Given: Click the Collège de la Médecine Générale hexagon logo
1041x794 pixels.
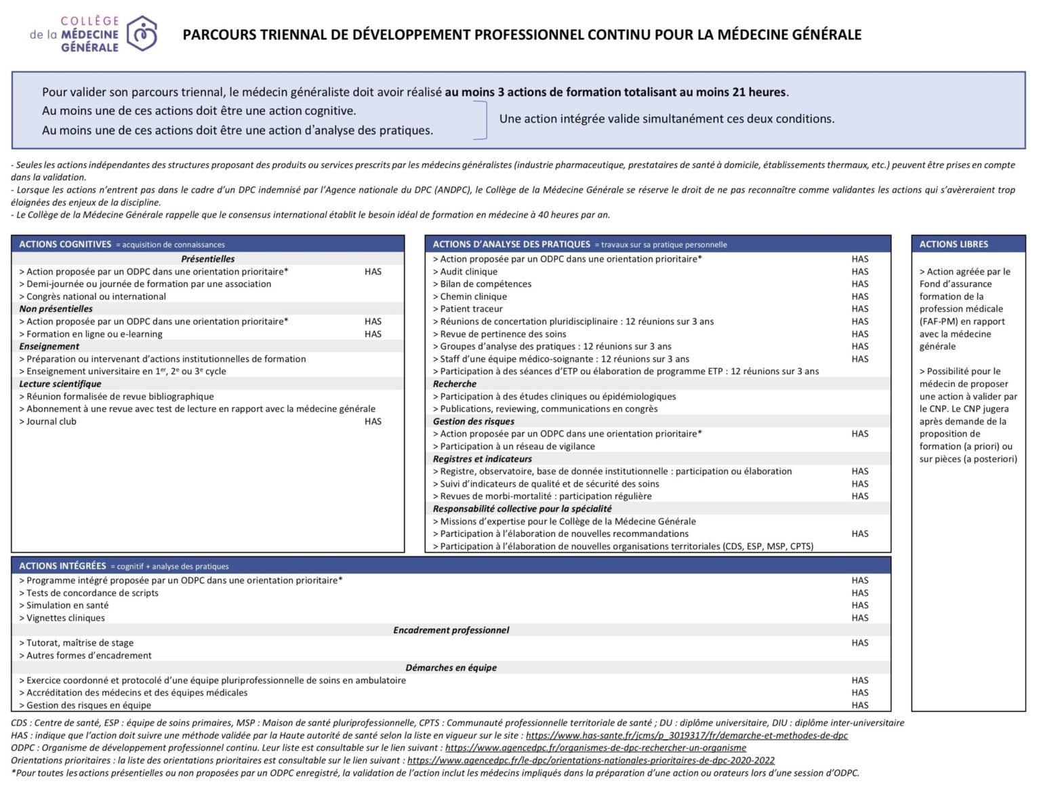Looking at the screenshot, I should point(142,34).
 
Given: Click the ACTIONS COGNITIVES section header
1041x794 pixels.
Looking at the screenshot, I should point(65,244).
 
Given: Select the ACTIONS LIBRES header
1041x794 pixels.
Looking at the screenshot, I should point(954,244).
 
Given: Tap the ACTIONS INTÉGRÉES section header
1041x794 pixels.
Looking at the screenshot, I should point(62,565).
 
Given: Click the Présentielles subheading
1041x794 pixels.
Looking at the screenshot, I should point(208,259).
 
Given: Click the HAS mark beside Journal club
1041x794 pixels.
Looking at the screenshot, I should point(373,421).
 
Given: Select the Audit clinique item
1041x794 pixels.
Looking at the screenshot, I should point(468,271).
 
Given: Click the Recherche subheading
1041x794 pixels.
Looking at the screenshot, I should point(455,384).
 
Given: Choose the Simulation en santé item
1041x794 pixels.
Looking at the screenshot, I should point(67,605).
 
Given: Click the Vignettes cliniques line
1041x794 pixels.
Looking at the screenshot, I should point(65,618).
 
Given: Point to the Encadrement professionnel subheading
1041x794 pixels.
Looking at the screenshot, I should point(451,630).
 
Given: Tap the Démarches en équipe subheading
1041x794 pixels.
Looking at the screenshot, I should point(451,667).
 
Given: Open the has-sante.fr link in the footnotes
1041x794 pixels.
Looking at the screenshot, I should point(687,735).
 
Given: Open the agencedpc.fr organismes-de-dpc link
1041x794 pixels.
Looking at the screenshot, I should point(596,747).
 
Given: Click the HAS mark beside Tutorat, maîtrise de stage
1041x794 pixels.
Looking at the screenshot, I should point(859,643).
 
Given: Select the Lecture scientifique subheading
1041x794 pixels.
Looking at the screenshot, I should point(60,384).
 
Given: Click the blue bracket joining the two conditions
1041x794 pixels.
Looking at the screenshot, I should point(483,120).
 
